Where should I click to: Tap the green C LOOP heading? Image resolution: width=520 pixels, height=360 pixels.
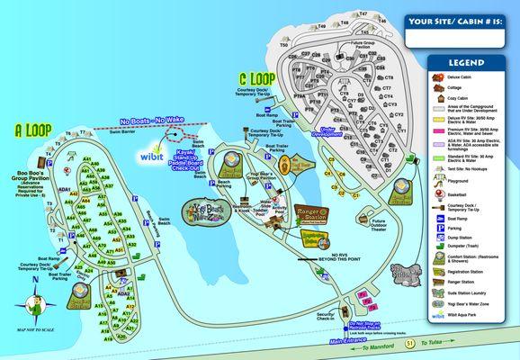tap(256, 78)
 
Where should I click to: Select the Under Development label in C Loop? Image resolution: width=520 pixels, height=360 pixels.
tap(327, 132)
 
